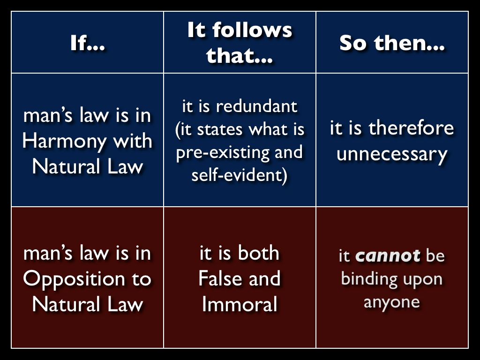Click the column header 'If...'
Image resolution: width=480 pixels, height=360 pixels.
[x=87, y=43]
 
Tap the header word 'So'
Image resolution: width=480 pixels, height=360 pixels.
[x=352, y=43]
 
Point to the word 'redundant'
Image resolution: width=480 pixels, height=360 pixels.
[x=256, y=106]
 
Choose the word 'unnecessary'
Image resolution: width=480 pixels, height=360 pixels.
[x=392, y=154]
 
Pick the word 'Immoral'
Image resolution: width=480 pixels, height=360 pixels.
[x=240, y=304]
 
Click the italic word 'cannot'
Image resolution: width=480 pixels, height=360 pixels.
[x=388, y=255]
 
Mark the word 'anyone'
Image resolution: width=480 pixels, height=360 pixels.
[x=392, y=302]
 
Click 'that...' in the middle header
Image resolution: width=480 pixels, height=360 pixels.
[x=240, y=55]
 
